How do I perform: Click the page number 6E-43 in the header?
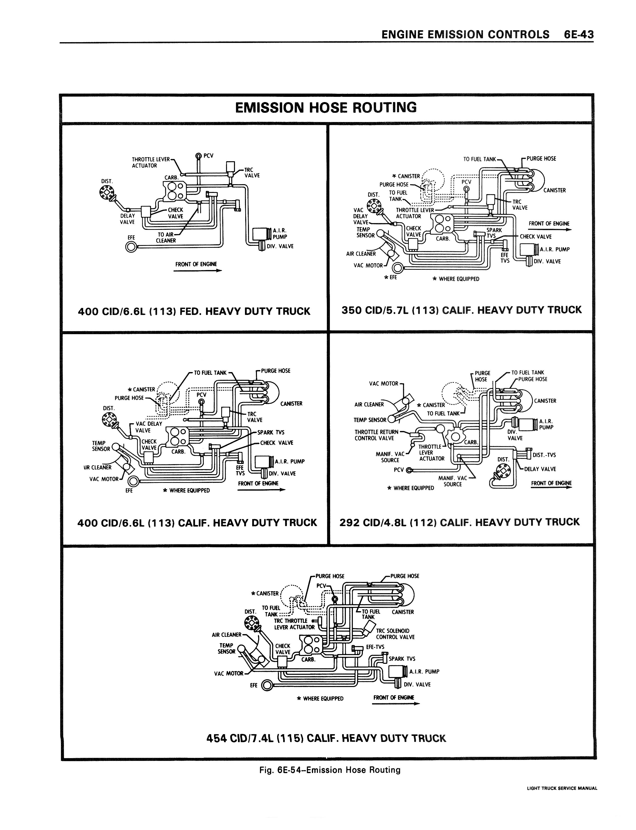(x=578, y=35)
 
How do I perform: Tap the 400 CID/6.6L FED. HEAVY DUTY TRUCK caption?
(x=194, y=311)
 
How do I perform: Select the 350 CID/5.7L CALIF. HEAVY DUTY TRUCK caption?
(x=461, y=310)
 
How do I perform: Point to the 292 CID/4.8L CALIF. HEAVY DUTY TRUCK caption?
(x=460, y=522)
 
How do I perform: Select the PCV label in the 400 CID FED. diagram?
(x=208, y=155)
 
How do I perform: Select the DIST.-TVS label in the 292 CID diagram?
(x=544, y=455)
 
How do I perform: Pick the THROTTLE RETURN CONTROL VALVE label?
(x=376, y=435)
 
